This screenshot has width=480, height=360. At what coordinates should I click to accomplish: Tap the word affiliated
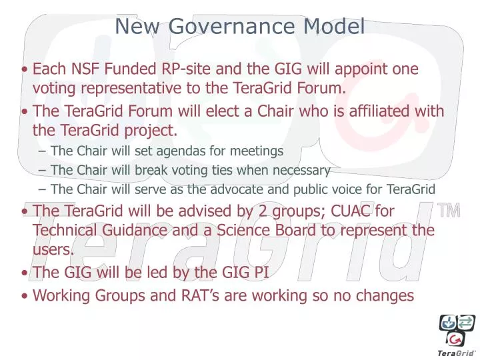tap(372, 111)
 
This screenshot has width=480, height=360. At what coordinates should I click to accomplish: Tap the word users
tap(52, 249)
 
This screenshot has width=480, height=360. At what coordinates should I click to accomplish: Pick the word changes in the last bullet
tap(385, 295)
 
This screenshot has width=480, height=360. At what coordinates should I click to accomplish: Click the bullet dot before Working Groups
tap(25, 295)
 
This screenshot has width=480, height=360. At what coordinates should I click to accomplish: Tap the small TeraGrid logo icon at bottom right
tap(456, 331)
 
